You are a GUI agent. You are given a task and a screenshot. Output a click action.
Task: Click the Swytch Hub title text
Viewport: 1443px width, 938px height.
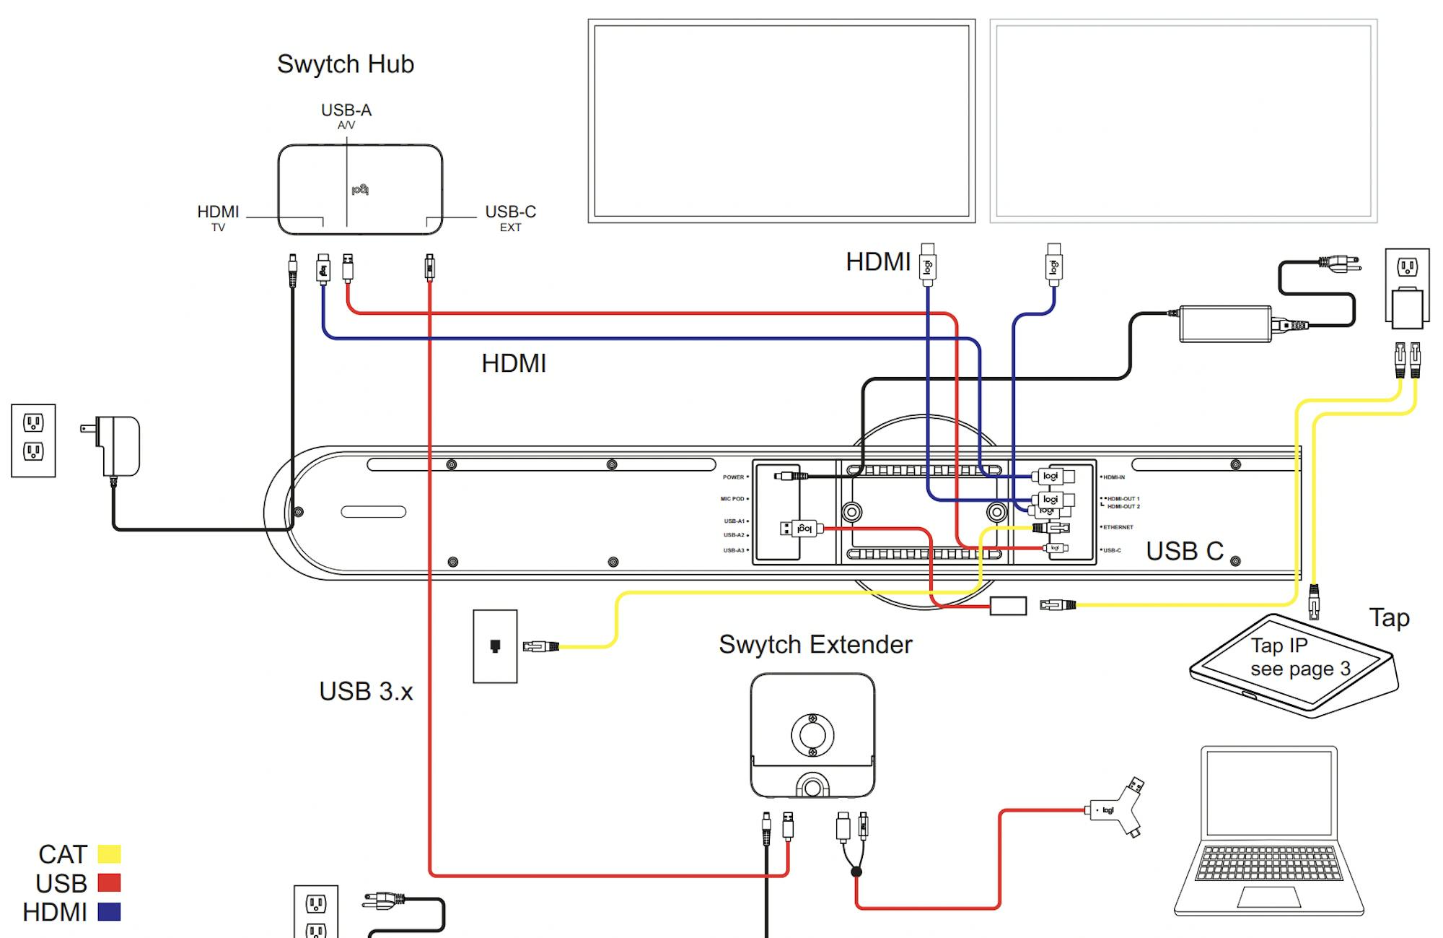[346, 64]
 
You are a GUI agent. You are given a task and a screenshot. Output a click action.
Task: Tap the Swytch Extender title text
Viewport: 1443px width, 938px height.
[815, 644]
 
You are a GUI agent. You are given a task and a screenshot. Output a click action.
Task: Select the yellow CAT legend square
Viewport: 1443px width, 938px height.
[109, 854]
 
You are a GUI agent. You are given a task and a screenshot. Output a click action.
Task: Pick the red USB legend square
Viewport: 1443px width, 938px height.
[109, 883]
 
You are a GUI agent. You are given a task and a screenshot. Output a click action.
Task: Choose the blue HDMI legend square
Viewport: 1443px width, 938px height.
[109, 912]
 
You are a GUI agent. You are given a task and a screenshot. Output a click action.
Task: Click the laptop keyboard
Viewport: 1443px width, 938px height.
[1268, 863]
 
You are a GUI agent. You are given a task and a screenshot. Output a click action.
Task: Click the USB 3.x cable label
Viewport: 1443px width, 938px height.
[366, 692]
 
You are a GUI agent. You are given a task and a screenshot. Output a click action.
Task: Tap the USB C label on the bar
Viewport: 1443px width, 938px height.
[1185, 551]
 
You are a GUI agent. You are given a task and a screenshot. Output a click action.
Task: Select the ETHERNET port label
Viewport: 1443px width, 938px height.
[1118, 527]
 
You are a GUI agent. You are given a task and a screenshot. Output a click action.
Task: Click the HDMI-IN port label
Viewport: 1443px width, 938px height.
[1113, 477]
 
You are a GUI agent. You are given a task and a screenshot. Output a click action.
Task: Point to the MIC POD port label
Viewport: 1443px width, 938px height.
[732, 499]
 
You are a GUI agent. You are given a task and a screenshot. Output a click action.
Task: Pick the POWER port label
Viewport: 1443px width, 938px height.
[733, 477]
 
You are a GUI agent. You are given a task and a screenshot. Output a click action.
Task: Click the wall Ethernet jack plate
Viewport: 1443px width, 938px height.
[495, 646]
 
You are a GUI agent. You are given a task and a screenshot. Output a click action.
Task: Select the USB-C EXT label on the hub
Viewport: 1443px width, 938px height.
[510, 217]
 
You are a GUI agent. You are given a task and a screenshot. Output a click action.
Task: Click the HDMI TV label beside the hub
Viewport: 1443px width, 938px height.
[218, 217]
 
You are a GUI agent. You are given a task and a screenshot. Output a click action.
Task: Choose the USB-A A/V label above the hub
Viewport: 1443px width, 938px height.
[346, 116]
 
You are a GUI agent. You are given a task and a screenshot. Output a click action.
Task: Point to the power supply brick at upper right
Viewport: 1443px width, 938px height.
[1225, 323]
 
